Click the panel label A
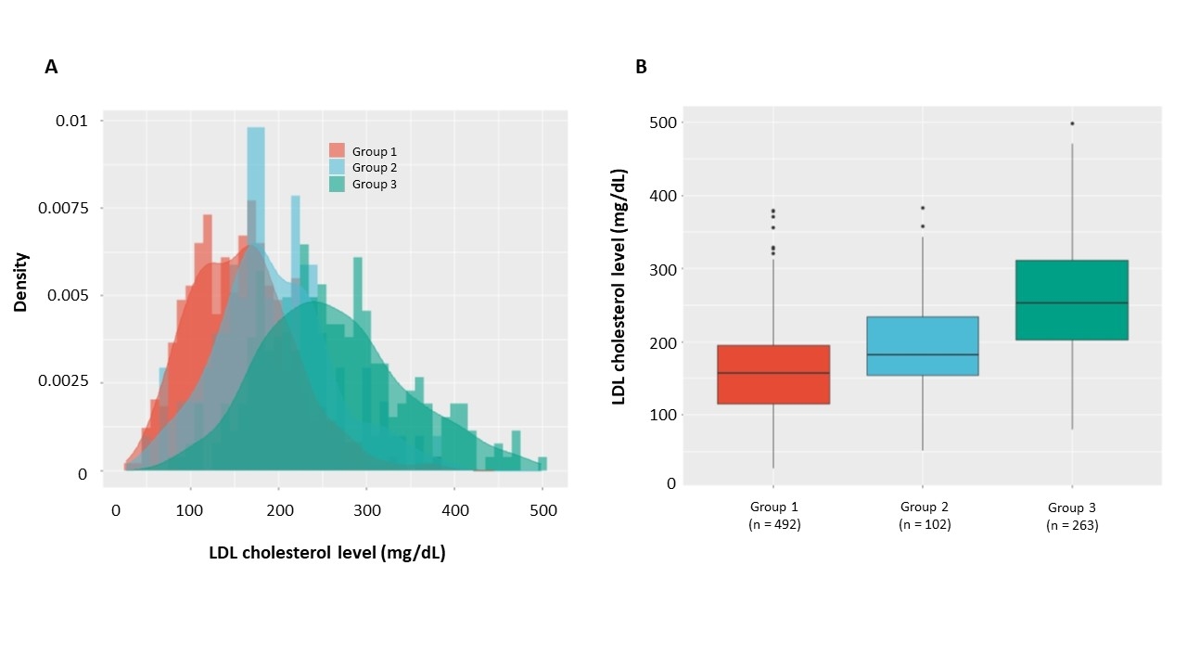51,67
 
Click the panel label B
641,67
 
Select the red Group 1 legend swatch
337,151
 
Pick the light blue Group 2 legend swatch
337,168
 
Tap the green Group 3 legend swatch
337,184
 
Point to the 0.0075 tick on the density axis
66,208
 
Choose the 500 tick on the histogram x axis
543,510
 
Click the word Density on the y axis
20,281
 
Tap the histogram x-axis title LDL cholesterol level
327,554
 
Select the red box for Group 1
773,374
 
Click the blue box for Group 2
923,346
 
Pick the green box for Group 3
1072,300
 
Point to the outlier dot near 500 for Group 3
1072,123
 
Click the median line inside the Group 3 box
1072,302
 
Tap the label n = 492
773,524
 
